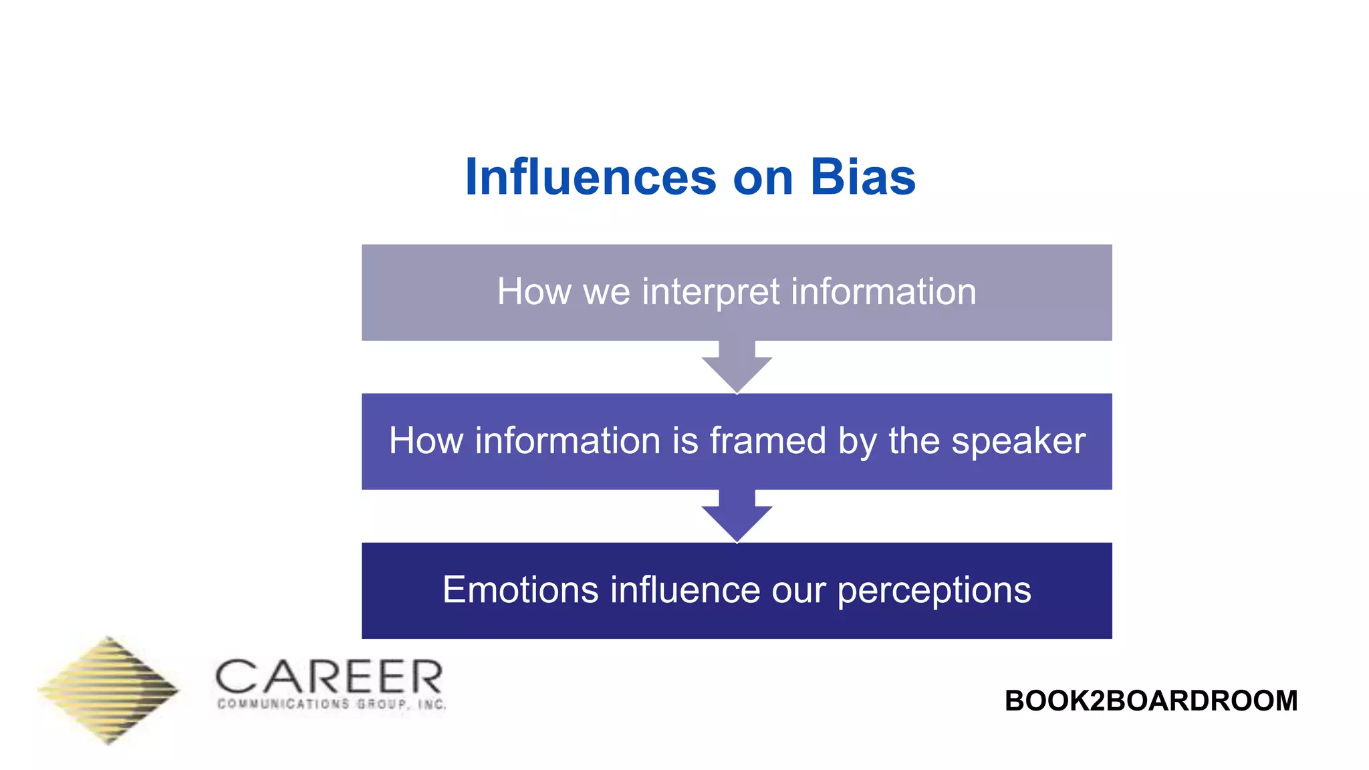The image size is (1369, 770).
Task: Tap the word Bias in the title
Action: [x=862, y=177]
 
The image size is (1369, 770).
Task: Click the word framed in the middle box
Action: [x=768, y=441]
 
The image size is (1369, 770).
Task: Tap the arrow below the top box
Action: [x=737, y=368]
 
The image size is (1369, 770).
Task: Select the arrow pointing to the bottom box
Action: [x=737, y=517]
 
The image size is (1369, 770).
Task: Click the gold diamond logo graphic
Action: [x=108, y=690]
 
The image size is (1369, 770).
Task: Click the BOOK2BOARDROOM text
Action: [x=1150, y=700]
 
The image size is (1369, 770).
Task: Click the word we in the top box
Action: [x=606, y=293]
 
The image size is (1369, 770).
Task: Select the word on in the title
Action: [x=763, y=178]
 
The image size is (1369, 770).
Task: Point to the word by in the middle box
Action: [x=857, y=442]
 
